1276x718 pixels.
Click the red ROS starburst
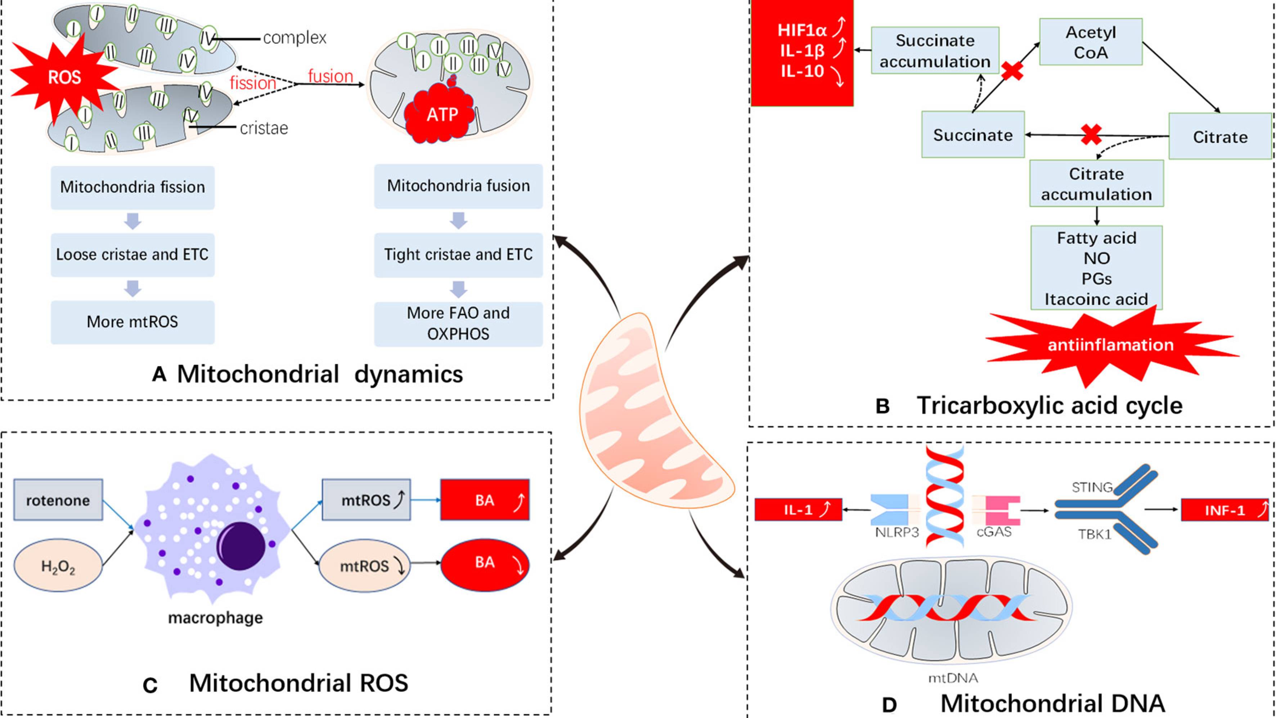[63, 77]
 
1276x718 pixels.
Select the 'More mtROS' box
[132, 322]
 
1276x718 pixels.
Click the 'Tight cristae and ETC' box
[458, 255]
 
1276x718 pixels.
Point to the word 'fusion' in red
[331, 76]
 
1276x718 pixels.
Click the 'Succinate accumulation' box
[935, 50]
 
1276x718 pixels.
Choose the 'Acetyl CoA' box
[1091, 42]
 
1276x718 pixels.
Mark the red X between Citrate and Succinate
[1091, 134]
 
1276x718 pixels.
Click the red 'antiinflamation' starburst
[1110, 345]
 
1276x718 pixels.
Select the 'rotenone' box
[58, 500]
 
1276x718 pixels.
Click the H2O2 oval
[58, 566]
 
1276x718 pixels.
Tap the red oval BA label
[485, 564]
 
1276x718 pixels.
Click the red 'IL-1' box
[798, 510]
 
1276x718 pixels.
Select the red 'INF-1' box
[1225, 510]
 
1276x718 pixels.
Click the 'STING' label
[1092, 488]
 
